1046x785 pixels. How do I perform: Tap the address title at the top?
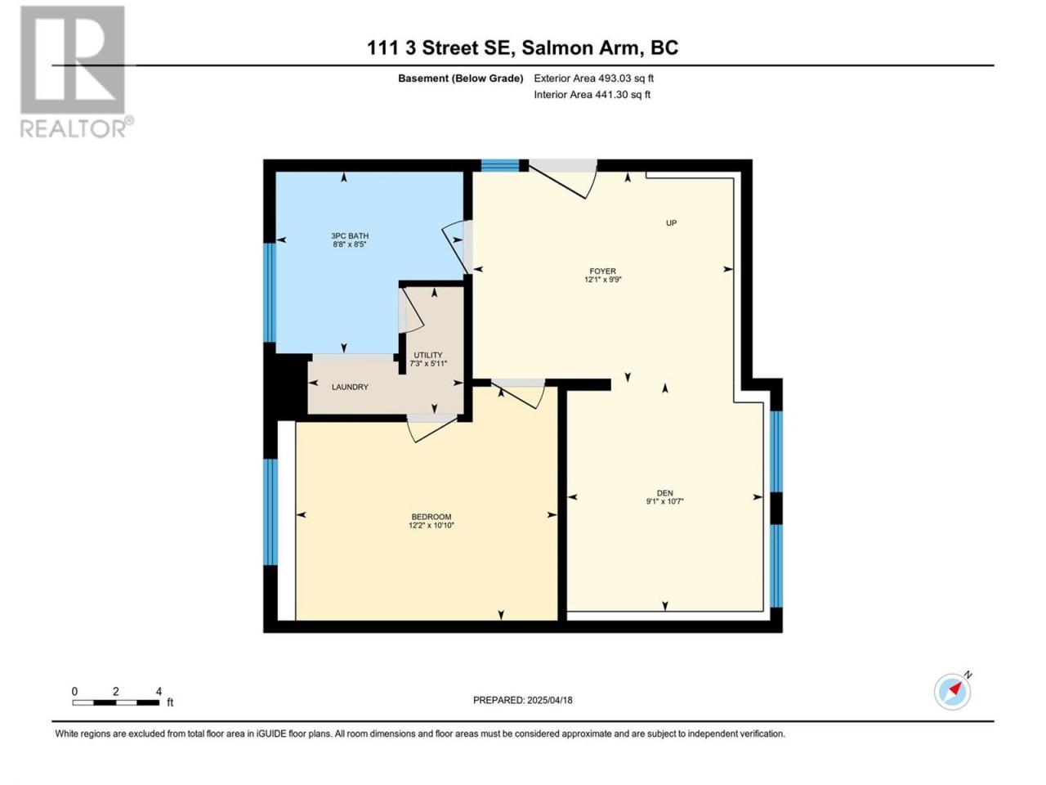coord(523,47)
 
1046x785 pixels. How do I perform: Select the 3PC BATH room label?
coord(350,235)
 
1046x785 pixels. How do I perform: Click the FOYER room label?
coord(603,271)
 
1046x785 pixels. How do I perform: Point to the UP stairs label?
coord(671,222)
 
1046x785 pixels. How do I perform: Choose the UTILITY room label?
coord(428,355)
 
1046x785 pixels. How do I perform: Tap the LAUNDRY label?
coord(350,387)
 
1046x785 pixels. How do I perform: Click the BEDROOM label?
coord(431,517)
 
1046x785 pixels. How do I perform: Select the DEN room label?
coord(664,493)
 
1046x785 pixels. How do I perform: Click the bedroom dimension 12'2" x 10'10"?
coord(431,525)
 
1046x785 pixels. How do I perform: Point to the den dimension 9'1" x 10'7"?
coord(664,501)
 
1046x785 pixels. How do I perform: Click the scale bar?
coord(116,702)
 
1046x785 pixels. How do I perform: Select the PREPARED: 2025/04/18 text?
coord(523,700)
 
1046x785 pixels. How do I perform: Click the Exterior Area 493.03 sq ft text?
coord(594,78)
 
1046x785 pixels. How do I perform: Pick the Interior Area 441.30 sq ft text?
coord(592,94)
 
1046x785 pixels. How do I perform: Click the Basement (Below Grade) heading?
coord(460,78)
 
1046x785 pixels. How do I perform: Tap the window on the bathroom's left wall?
coord(270,293)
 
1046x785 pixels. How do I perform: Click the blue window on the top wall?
coord(500,165)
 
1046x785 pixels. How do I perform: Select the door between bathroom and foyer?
coord(458,248)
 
